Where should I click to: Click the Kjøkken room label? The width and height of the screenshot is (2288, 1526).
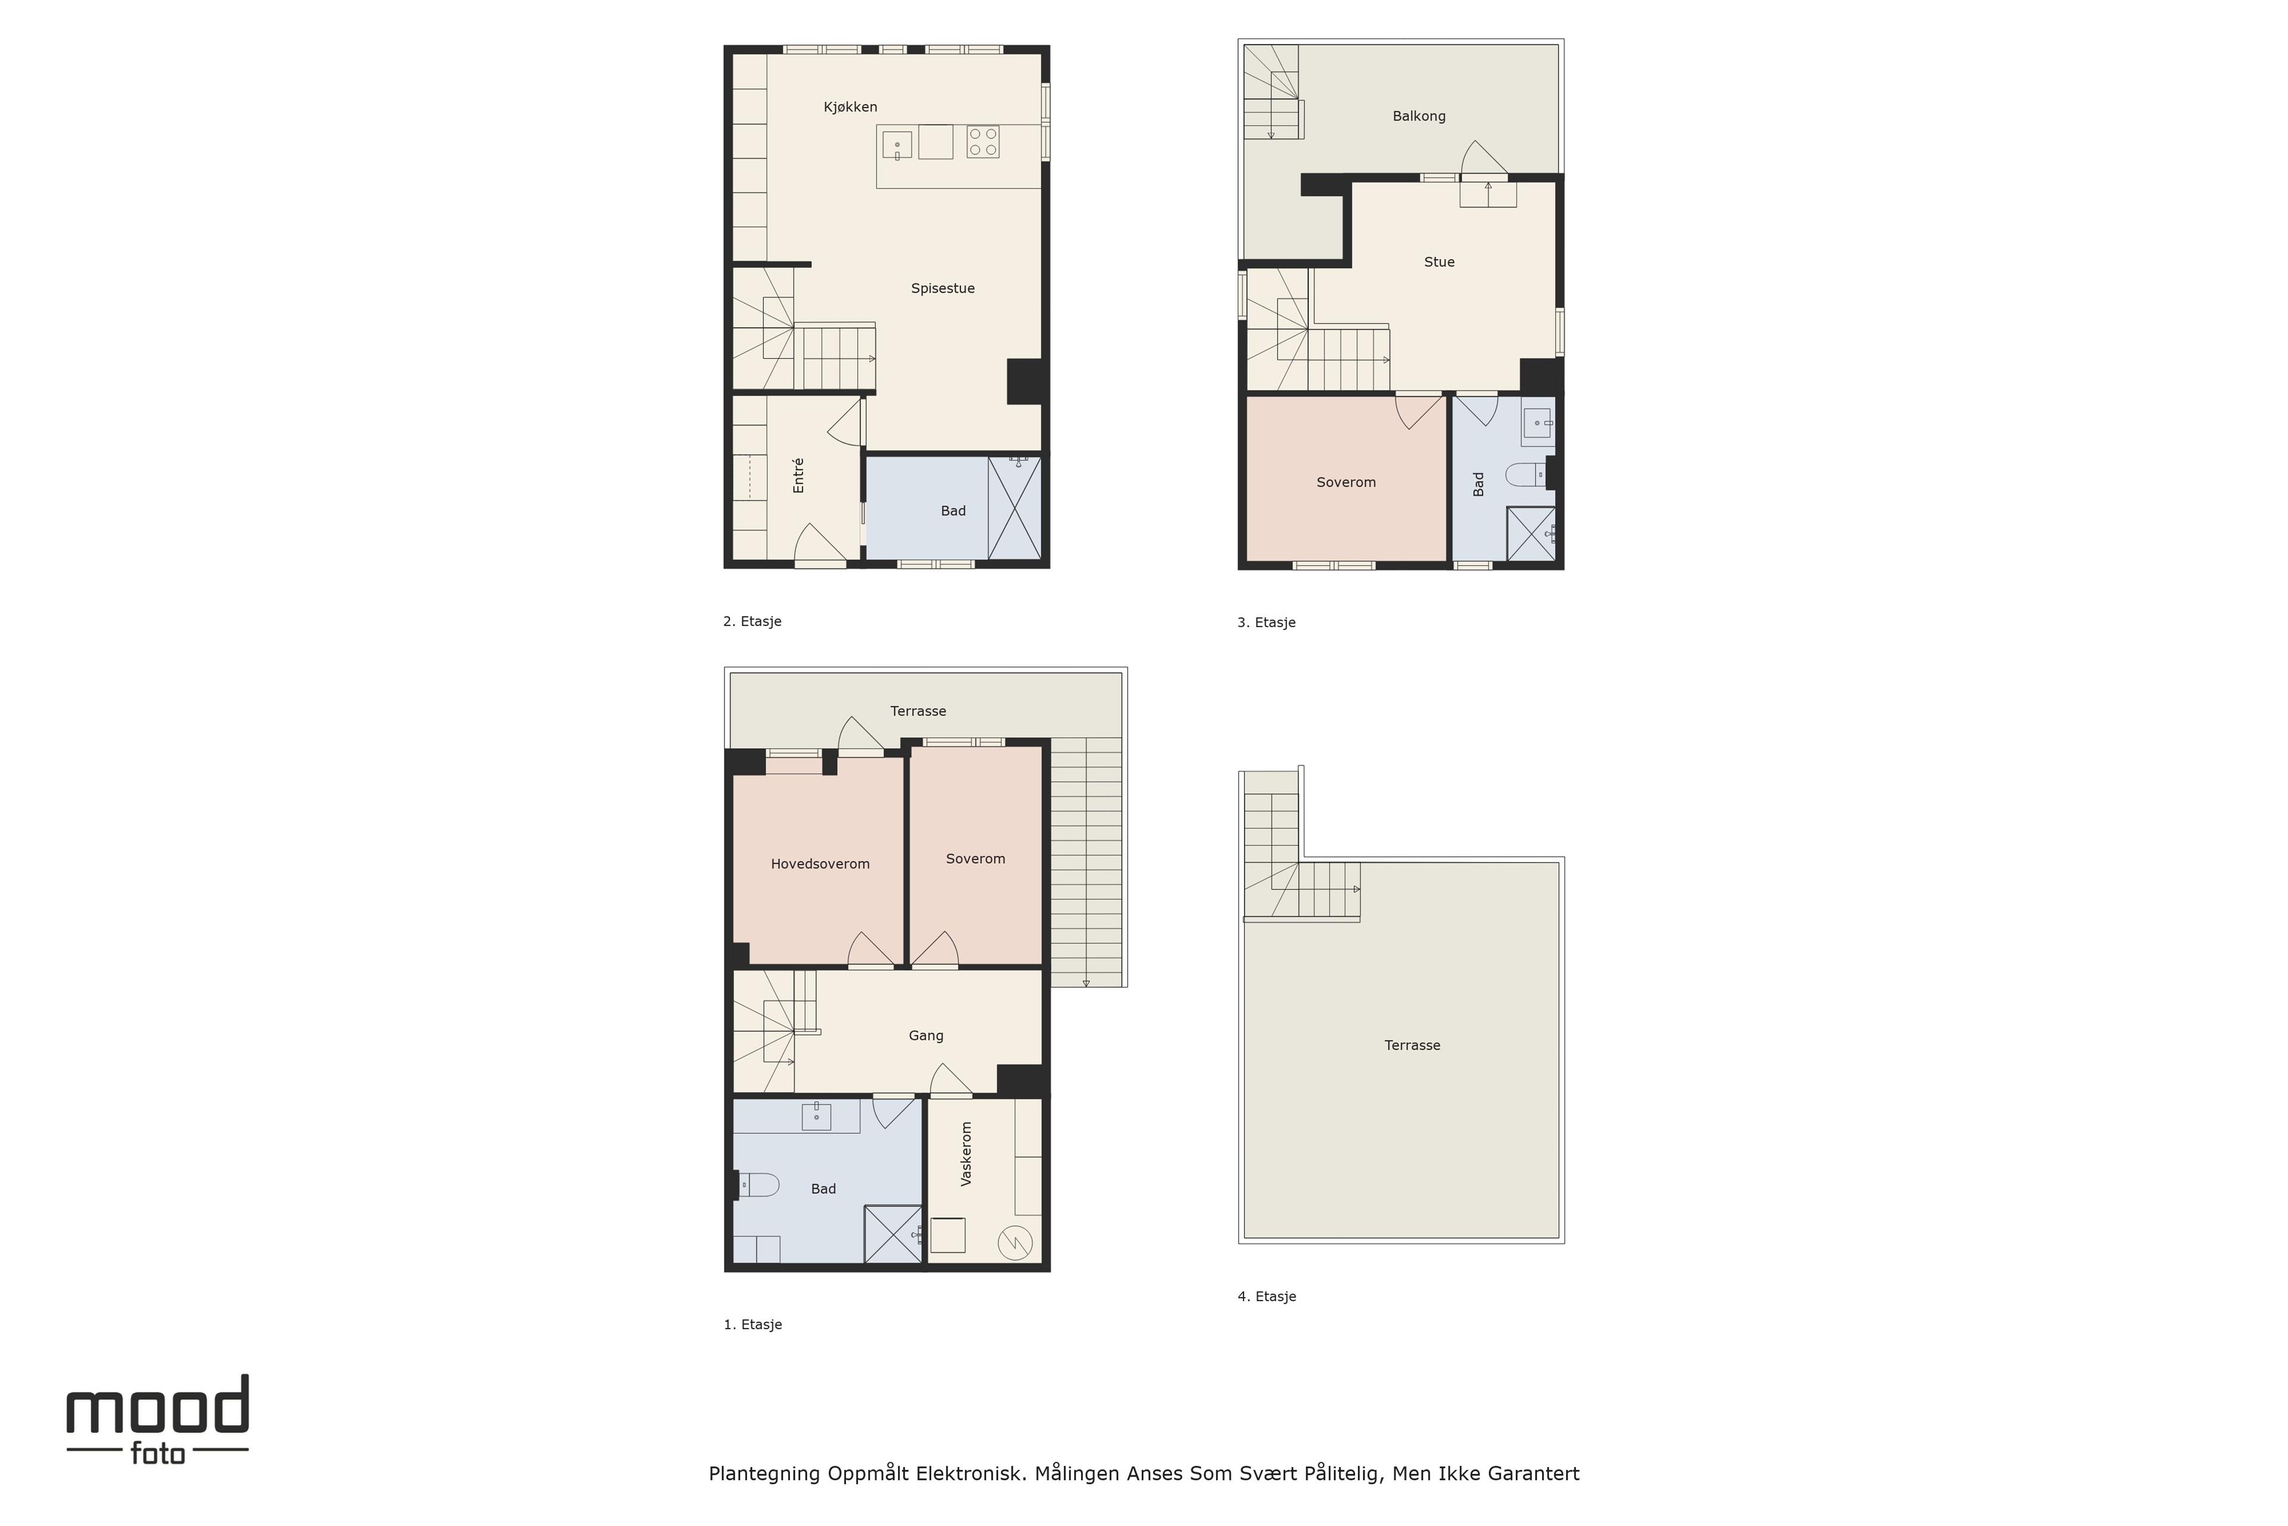coord(850,107)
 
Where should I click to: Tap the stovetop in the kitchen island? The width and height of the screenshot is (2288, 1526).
coord(983,142)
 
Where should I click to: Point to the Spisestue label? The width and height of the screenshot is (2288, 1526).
coord(943,288)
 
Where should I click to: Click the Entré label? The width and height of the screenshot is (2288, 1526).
coord(798,475)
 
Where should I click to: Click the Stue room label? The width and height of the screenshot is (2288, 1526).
coord(1439,262)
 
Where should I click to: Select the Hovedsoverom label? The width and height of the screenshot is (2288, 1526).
coord(820,864)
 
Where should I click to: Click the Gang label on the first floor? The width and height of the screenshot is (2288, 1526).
coord(926,1035)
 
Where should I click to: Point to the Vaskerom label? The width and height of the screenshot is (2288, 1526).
coord(966,1153)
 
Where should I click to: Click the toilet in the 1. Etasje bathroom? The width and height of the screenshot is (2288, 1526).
coord(758,1184)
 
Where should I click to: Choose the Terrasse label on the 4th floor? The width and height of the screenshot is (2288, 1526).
coord(1412,1045)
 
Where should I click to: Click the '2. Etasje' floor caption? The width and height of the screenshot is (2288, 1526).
coord(752,621)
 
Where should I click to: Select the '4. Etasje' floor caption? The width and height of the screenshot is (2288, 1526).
coord(1267,1297)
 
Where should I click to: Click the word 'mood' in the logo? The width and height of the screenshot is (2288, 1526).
coord(157,1404)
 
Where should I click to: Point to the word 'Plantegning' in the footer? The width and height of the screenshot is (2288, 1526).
coord(764,1474)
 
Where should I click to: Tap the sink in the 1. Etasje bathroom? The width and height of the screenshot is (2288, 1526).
coord(816,1116)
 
